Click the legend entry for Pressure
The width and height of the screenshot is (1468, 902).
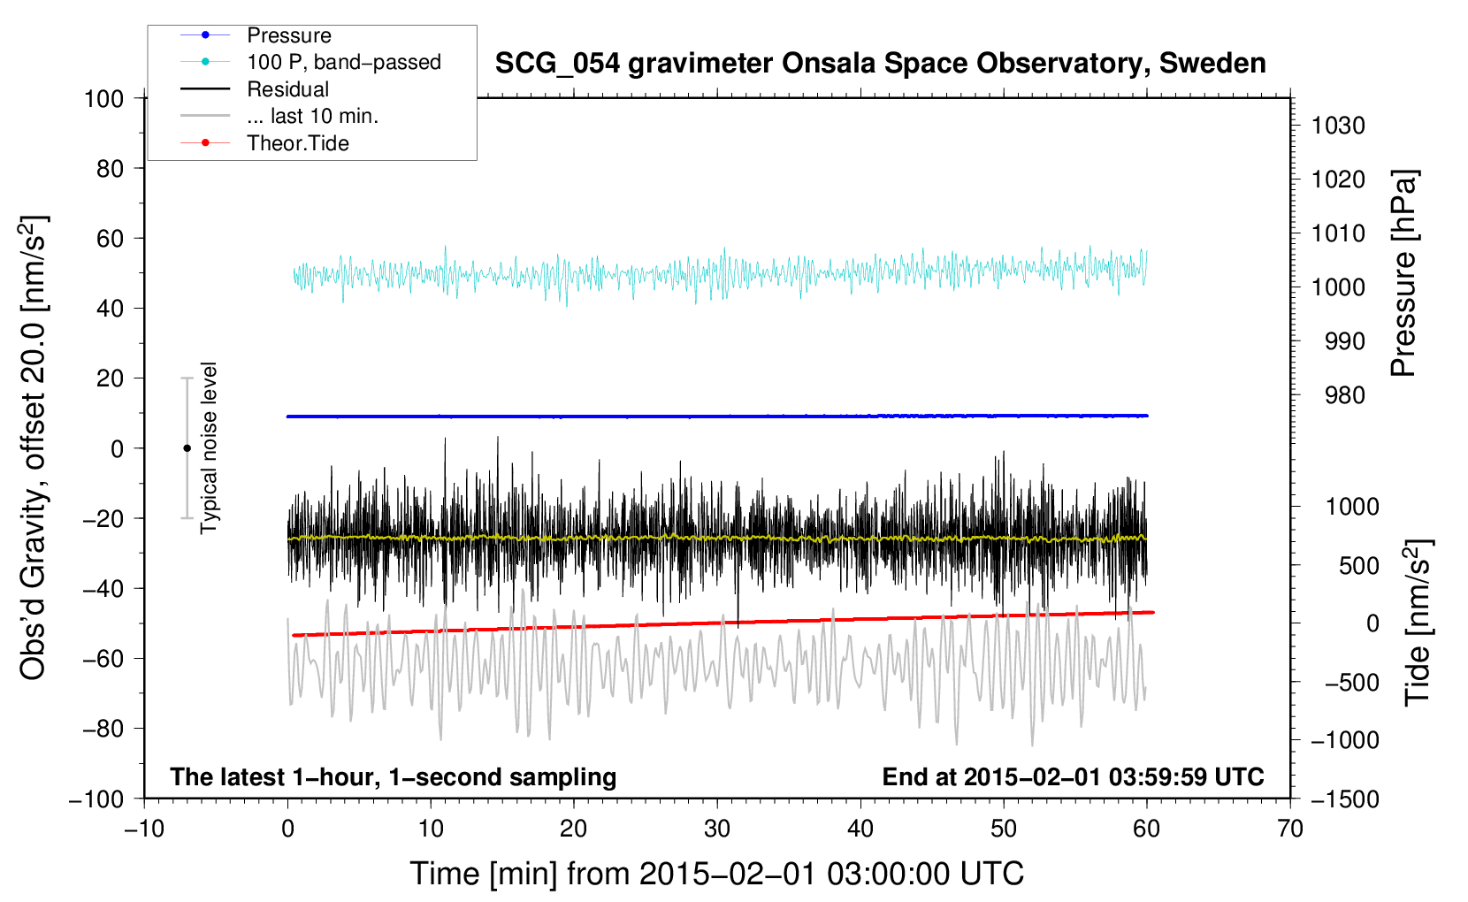click(x=288, y=35)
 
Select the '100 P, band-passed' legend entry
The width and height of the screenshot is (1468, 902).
click(x=343, y=62)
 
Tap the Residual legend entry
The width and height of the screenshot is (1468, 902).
click(x=287, y=89)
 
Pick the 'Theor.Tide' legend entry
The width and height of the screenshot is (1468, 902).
click(x=298, y=143)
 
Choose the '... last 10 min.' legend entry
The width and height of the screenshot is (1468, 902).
click(x=312, y=116)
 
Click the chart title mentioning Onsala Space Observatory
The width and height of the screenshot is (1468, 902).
click(x=880, y=64)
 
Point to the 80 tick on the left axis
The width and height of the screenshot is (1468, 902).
click(x=110, y=168)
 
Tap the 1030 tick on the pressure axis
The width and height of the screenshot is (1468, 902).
click(x=1338, y=126)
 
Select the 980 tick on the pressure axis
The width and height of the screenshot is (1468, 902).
click(x=1345, y=395)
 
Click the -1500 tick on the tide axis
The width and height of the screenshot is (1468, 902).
click(x=1344, y=799)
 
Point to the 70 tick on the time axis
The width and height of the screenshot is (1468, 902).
click(x=1290, y=829)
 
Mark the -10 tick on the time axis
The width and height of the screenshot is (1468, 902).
click(x=144, y=829)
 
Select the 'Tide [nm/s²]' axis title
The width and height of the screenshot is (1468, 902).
click(x=1418, y=622)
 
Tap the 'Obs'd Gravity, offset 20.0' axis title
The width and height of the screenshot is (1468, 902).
click(x=33, y=447)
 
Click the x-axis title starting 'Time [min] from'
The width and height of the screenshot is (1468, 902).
click(x=716, y=874)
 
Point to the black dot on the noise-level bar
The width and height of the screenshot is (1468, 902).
click(x=187, y=448)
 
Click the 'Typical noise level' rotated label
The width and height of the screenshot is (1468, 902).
click(x=209, y=447)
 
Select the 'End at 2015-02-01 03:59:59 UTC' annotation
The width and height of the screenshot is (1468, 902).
click(x=1073, y=776)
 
